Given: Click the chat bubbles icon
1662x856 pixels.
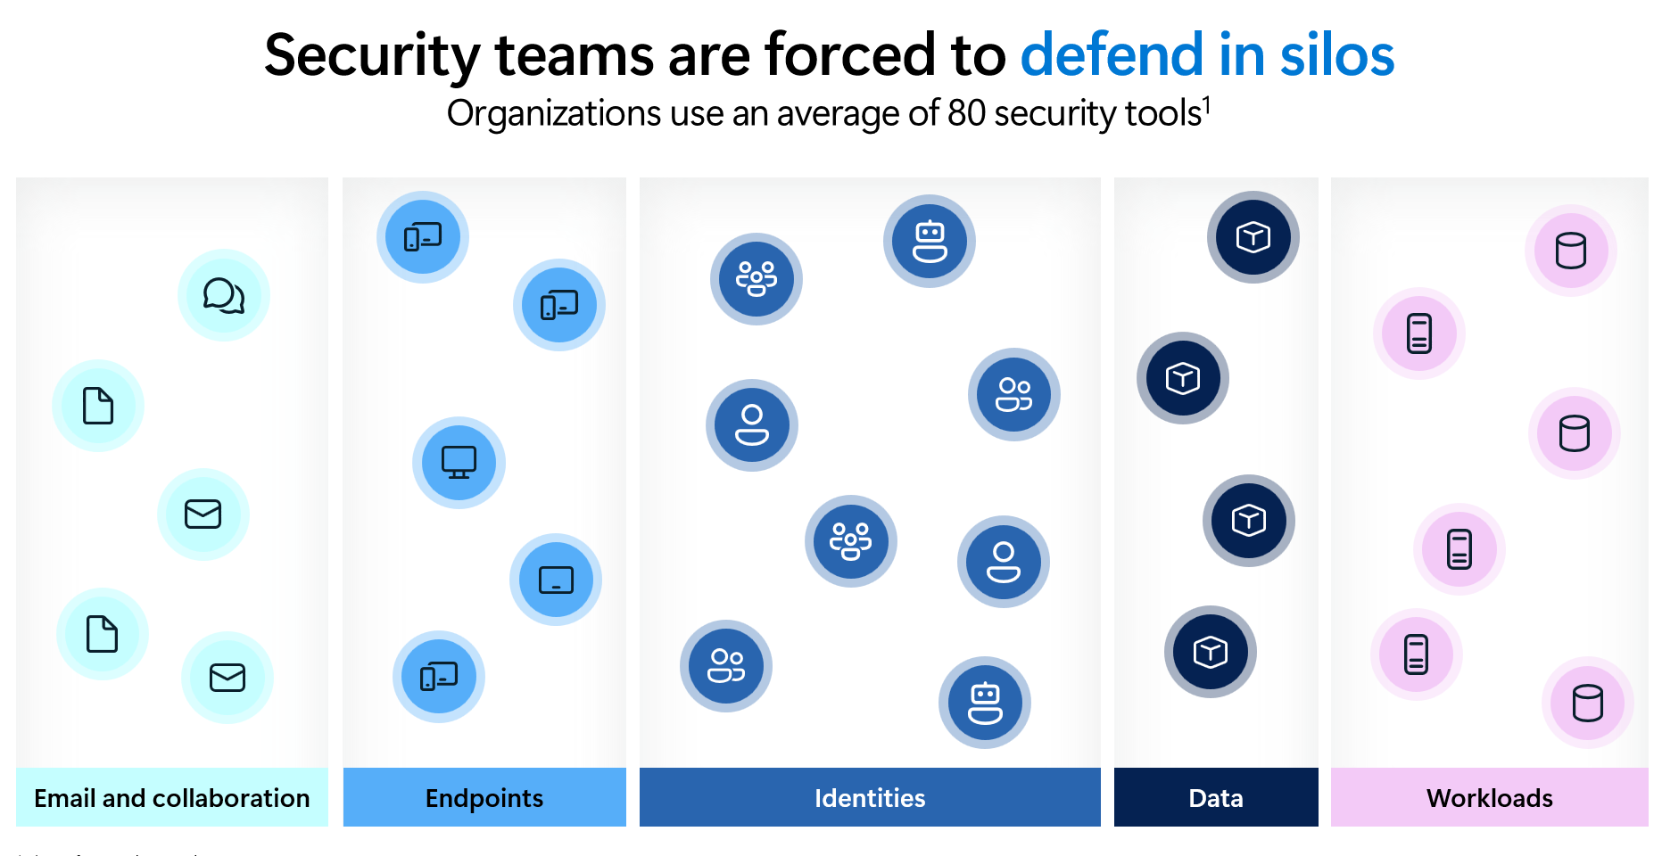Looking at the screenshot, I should pyautogui.click(x=224, y=295).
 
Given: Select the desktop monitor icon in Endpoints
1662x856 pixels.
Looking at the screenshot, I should pyautogui.click(x=459, y=462).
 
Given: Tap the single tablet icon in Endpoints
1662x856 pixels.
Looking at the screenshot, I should pyautogui.click(x=556, y=580).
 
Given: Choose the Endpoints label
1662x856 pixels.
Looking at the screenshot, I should pyautogui.click(x=484, y=798).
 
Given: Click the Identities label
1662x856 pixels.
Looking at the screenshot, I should pyautogui.click(x=870, y=798).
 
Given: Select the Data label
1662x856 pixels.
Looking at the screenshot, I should pyautogui.click(x=1216, y=798).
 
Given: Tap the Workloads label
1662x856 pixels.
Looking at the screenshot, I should pyautogui.click(x=1489, y=798).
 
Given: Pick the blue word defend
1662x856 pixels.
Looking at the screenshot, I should pyautogui.click(x=1112, y=55).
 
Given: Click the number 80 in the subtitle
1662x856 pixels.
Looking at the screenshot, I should pyautogui.click(x=966, y=114).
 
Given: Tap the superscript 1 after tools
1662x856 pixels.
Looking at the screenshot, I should pyautogui.click(x=1206, y=105).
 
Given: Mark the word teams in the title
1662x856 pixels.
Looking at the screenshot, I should pyautogui.click(x=575, y=55).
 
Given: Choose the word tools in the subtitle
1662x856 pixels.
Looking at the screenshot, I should pyautogui.click(x=1163, y=114).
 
